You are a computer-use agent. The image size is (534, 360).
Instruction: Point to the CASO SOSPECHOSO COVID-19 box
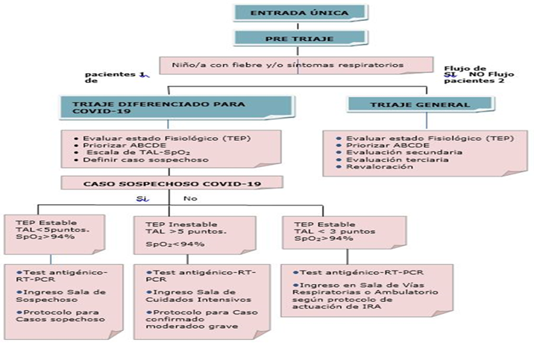click(x=173, y=183)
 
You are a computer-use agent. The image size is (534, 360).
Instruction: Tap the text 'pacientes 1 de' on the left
click(x=116, y=77)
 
